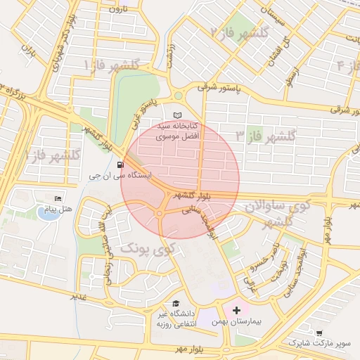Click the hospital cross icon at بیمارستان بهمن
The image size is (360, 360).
point(237,309)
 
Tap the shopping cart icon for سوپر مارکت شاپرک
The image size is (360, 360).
point(319,333)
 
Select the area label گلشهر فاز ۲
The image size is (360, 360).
point(239,32)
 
